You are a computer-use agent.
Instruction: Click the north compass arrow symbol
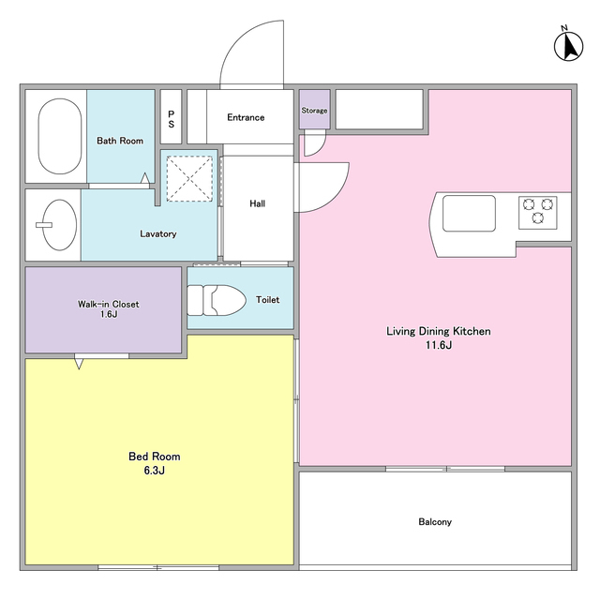pos(569,46)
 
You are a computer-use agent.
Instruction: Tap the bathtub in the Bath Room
pos(60,136)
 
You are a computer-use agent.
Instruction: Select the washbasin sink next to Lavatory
pos(59,225)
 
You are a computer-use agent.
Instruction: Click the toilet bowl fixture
pos(217,300)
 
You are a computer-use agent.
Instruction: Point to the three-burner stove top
pos(537,213)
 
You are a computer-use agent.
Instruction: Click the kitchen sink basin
pos(469,213)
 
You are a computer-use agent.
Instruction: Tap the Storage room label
pos(314,111)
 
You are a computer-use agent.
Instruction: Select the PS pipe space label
pos(171,119)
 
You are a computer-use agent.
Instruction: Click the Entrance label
pos(246,117)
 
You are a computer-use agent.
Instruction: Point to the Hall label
pos(258,203)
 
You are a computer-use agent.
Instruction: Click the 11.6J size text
pos(439,345)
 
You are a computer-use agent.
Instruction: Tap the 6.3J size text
pos(154,471)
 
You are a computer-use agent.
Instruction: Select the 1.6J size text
pos(109,315)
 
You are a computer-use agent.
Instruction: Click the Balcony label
pos(435,522)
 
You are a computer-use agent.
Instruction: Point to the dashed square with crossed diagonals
pos(189,179)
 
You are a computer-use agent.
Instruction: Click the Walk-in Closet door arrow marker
pos(79,362)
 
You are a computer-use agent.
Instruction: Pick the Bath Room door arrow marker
pos(145,179)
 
